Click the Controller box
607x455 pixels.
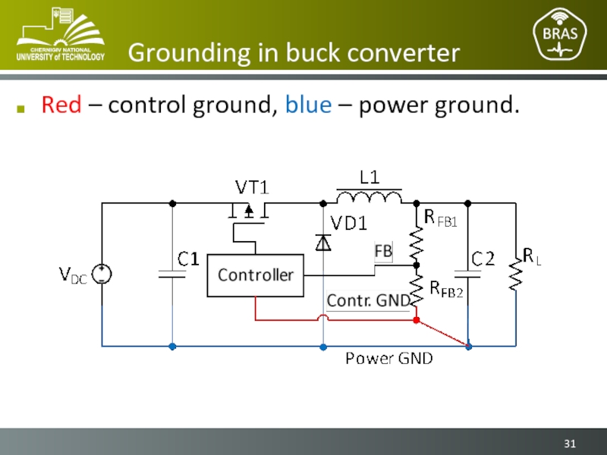(x=255, y=275)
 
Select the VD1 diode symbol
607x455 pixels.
(x=324, y=242)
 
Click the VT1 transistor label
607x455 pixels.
(x=252, y=187)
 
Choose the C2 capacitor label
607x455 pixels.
(x=483, y=259)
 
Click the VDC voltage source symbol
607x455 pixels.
(x=102, y=274)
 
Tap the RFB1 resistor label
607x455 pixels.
(x=441, y=220)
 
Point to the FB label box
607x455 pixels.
(x=383, y=251)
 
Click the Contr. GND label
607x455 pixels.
(x=368, y=301)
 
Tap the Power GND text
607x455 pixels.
(x=389, y=358)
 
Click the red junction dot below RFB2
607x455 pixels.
(x=416, y=320)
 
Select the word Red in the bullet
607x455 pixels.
(x=61, y=105)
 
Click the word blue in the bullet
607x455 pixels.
(x=308, y=105)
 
